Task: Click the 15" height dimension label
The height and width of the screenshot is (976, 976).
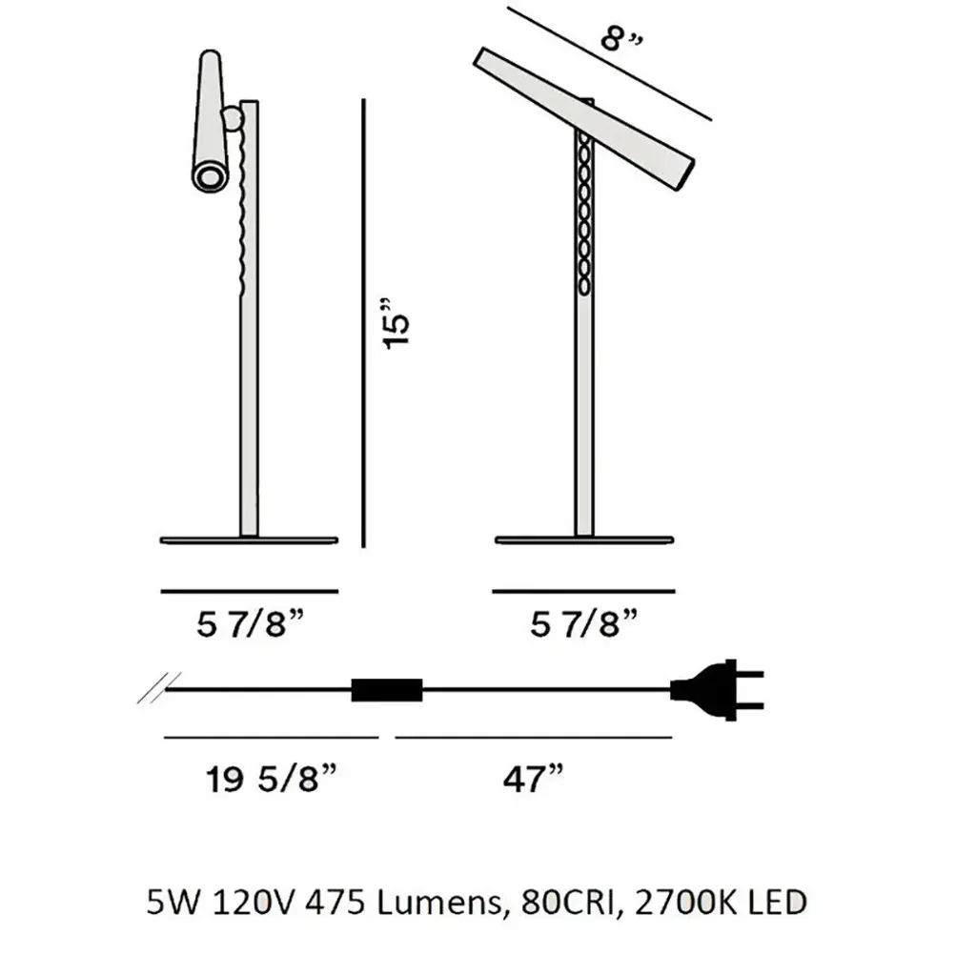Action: click(x=396, y=324)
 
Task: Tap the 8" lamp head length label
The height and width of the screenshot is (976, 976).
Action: click(x=621, y=41)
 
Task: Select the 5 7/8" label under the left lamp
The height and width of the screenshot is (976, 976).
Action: click(x=251, y=623)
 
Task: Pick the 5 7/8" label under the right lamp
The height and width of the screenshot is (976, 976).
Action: click(x=584, y=623)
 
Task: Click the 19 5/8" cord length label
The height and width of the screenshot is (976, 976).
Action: click(x=272, y=779)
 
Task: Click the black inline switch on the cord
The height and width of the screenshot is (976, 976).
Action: click(x=387, y=690)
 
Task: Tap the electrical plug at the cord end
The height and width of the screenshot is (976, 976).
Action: click(x=717, y=690)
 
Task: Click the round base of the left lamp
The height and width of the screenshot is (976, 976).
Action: click(x=249, y=540)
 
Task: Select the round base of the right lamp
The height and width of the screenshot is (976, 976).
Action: click(x=584, y=539)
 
